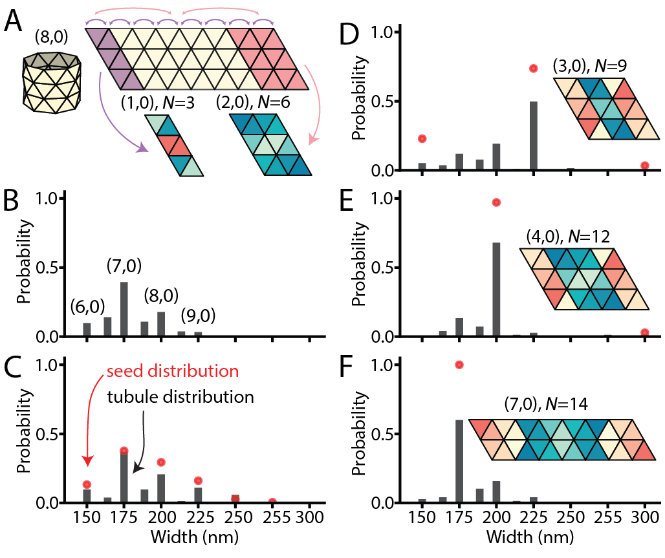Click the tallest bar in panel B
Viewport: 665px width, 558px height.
[x=124, y=309]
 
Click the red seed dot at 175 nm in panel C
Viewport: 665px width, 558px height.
[x=124, y=451]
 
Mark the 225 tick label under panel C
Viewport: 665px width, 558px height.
[x=199, y=519]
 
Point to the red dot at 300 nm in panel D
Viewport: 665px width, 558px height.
[x=645, y=166]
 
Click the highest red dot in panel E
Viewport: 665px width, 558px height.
[x=496, y=202]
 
